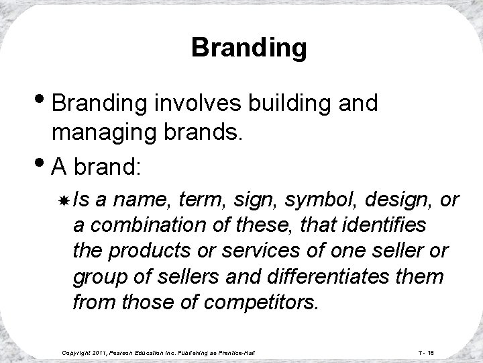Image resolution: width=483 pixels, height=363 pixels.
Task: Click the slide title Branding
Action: pyautogui.click(x=249, y=48)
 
